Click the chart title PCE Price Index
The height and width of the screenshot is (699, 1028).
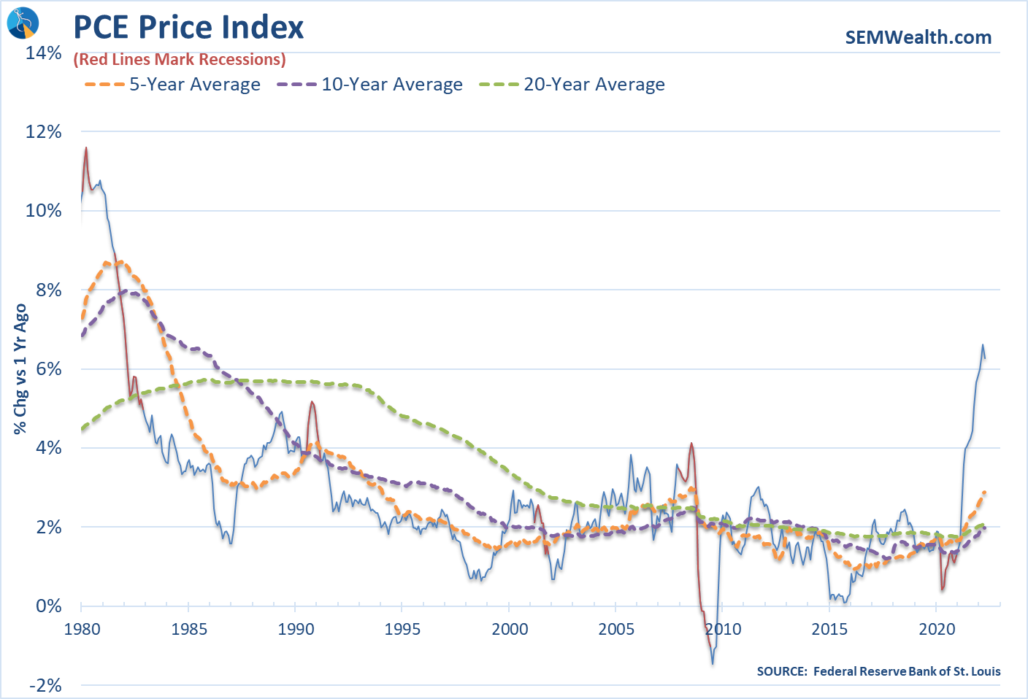pos(188,28)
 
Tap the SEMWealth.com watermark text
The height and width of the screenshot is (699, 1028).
pos(918,37)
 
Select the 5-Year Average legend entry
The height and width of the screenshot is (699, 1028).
pos(172,85)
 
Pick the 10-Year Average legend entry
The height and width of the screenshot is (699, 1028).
pos(369,85)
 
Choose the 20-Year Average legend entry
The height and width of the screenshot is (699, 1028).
pos(572,85)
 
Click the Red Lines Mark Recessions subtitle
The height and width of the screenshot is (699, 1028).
pos(180,60)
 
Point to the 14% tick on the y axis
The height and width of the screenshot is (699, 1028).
pos(44,53)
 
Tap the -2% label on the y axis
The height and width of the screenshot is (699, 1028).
pos(45,685)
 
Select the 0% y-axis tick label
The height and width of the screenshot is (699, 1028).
pos(49,606)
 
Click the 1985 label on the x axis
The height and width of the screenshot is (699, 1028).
pos(188,629)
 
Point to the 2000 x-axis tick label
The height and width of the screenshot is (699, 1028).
pos(510,629)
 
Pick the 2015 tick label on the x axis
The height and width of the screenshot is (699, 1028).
pos(829,629)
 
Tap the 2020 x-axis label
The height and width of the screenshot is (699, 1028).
pos(937,629)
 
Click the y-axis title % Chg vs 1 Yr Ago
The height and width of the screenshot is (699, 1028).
pos(20,369)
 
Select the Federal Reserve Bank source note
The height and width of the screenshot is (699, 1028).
pos(878,671)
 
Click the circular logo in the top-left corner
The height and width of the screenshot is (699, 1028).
pos(22,23)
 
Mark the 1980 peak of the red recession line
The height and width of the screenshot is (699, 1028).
pos(86,147)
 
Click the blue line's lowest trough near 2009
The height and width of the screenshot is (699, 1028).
pos(713,663)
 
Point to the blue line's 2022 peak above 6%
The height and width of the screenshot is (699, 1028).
pos(983,345)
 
